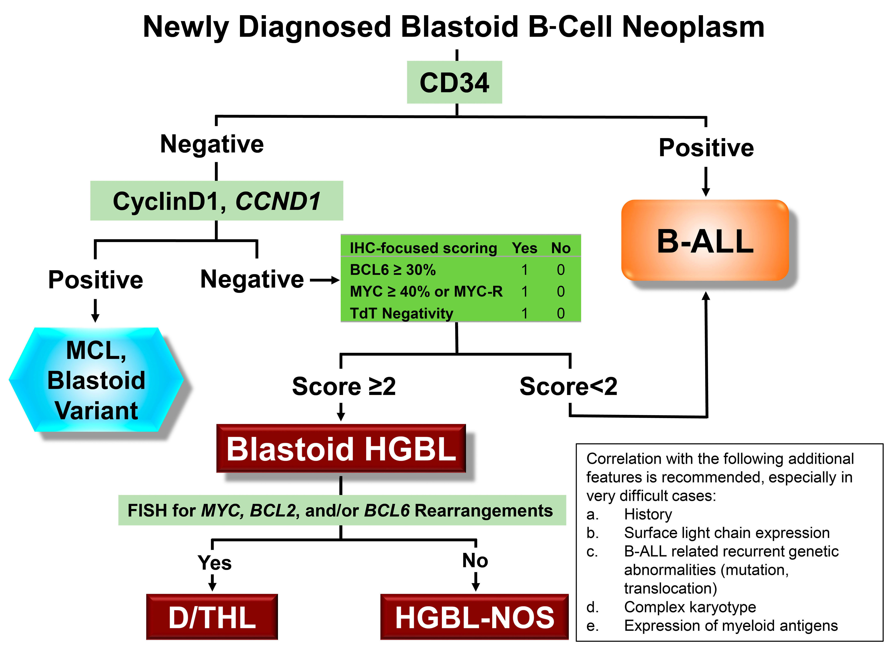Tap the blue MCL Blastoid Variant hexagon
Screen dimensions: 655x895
click(x=96, y=380)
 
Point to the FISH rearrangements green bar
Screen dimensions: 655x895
click(x=342, y=510)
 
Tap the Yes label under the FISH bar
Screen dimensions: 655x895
click(x=215, y=562)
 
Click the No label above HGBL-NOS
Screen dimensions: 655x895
click(x=475, y=560)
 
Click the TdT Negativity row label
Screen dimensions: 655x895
click(x=401, y=313)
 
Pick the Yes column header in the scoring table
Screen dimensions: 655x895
click(x=524, y=248)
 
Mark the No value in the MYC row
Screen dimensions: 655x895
click(x=560, y=291)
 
